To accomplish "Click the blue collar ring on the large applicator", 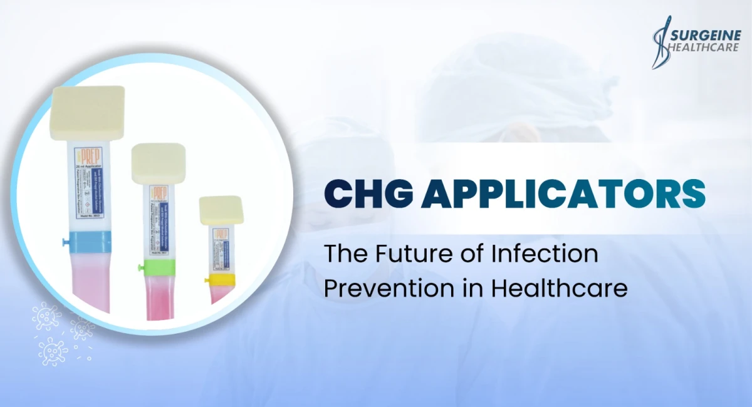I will [89, 242].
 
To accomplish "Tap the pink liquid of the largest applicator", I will [91, 279].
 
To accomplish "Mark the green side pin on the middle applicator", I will [139, 269].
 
